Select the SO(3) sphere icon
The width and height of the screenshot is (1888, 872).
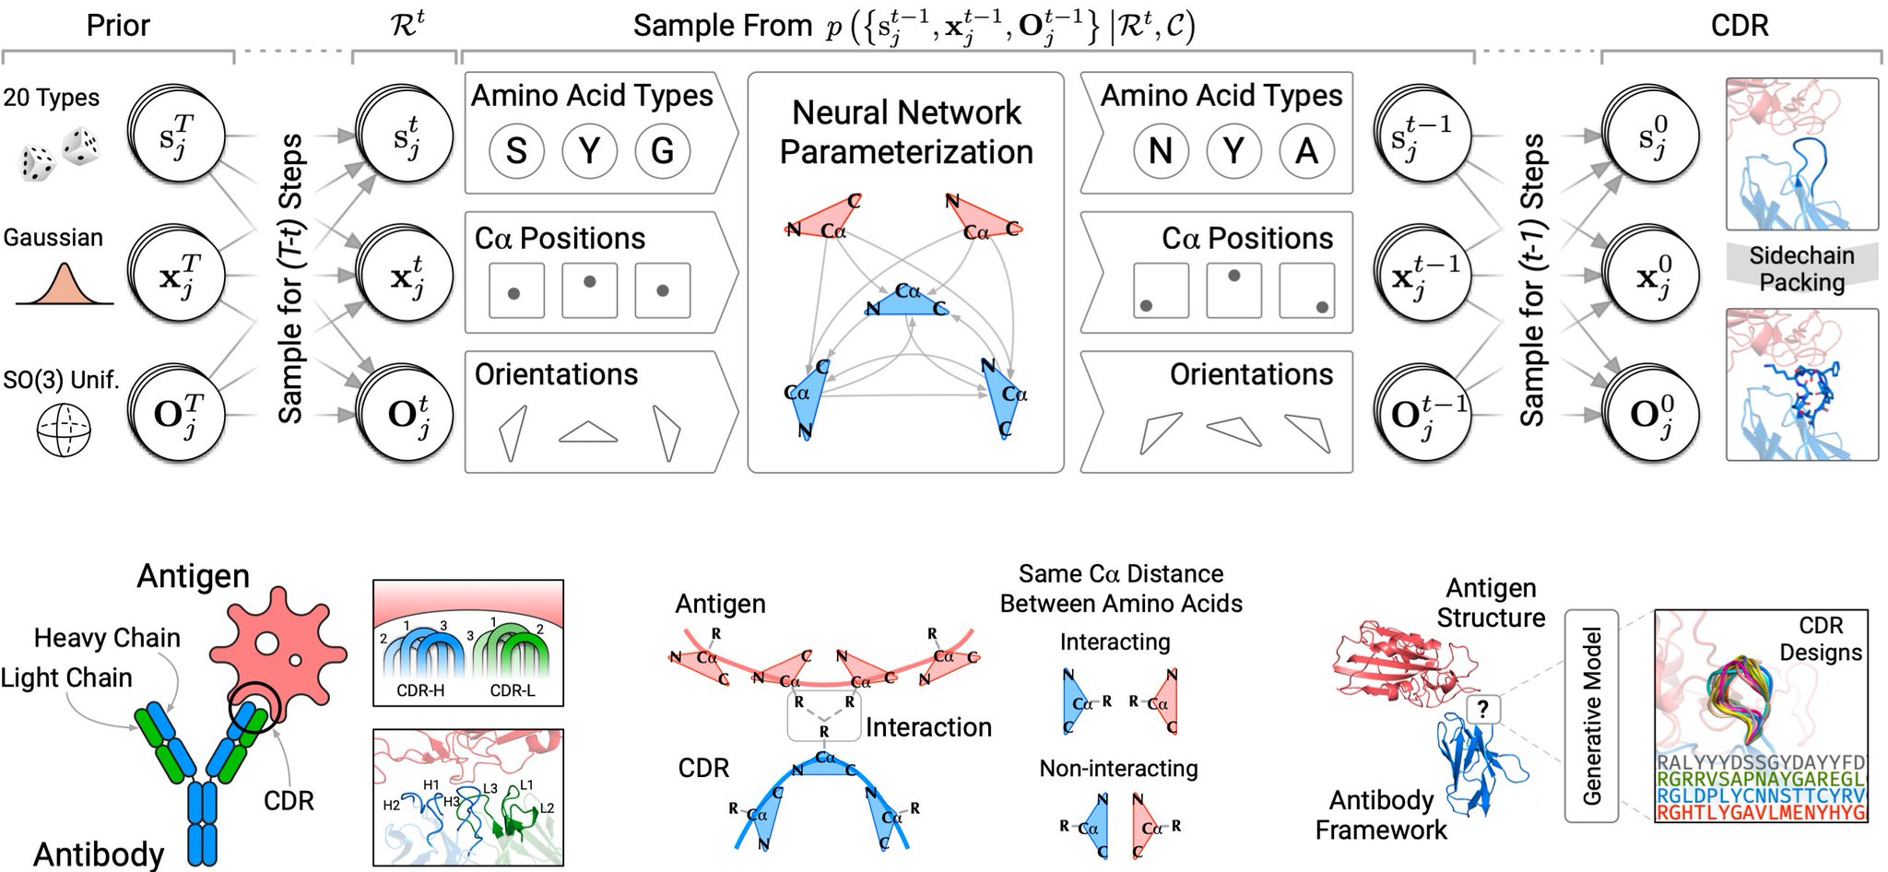tap(64, 431)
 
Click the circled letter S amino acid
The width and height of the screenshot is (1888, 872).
tap(516, 150)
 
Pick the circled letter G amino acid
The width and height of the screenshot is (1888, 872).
tap(662, 150)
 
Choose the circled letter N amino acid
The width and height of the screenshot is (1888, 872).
tap(1160, 150)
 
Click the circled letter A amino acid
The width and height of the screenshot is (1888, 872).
tap(1306, 150)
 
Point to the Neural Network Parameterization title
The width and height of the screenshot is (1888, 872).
tap(906, 132)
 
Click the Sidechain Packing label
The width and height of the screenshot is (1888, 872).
tap(1801, 268)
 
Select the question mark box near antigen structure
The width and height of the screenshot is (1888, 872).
tap(1482, 709)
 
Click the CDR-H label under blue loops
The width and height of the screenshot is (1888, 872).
tap(420, 690)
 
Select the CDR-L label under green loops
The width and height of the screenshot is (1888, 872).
tap(513, 690)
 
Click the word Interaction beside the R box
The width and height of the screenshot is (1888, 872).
tap(928, 727)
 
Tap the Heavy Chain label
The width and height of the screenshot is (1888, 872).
tap(107, 638)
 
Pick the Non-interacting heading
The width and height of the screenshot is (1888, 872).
tap(1118, 768)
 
